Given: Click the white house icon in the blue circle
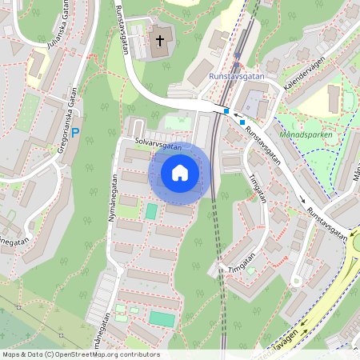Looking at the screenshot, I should pos(179,172).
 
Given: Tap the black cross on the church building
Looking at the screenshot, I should pos(160,40).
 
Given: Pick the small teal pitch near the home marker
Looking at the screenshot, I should pos(151,212).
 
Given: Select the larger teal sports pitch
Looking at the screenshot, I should pos(162,318).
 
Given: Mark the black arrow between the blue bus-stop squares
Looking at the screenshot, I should pos(234,115).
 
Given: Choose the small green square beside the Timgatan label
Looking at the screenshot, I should pos(251,270).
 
